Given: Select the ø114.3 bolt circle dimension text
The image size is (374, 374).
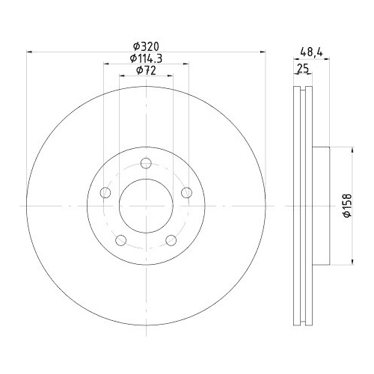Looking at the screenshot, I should click(x=146, y=58).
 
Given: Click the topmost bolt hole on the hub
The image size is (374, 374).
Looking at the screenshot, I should click(x=147, y=164).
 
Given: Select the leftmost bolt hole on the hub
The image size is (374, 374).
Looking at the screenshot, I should click(x=105, y=194).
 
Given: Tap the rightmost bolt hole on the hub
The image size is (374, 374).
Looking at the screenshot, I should click(x=187, y=194).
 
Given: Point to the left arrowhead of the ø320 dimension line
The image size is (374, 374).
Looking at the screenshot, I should click(x=29, y=52).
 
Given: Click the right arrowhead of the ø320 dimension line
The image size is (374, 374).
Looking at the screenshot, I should click(x=263, y=52).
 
